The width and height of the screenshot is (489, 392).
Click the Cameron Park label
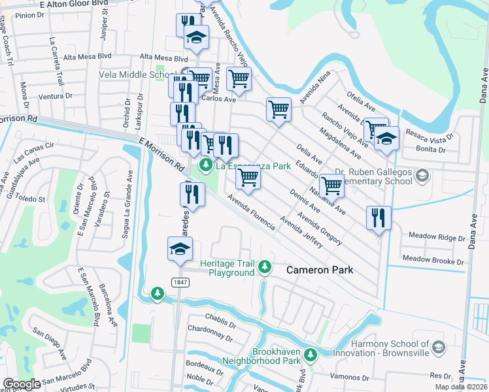(320, 270)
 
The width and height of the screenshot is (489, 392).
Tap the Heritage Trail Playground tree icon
(265, 267)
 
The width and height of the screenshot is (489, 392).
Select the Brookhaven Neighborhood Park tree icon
(311, 355)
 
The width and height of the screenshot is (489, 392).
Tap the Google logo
(22, 384)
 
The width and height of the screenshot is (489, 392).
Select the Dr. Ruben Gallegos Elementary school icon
(422, 174)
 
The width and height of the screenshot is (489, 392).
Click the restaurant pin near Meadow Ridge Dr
(379, 218)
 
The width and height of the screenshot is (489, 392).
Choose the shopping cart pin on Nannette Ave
(332, 186)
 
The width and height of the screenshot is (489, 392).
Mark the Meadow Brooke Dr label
(433, 260)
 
